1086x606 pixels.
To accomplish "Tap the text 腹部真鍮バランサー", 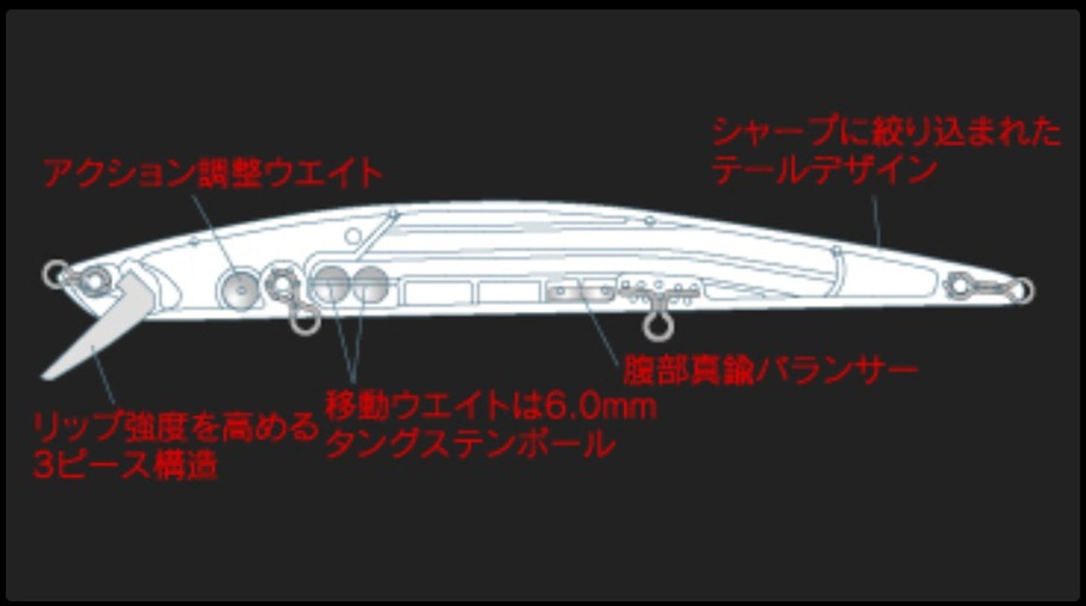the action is pyautogui.click(x=770, y=371).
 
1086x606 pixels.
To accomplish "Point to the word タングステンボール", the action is pyautogui.click(x=470, y=445).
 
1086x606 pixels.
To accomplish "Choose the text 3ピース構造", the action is pyautogui.click(x=125, y=465).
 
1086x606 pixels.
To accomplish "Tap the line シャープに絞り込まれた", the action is pyautogui.click(x=887, y=132).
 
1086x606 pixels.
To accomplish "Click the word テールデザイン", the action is pyautogui.click(x=825, y=170).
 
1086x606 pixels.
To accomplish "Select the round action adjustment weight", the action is pyautogui.click(x=238, y=288).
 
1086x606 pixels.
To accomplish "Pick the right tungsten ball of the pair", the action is pyautogui.click(x=370, y=284).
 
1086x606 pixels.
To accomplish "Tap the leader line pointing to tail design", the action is pyautogui.click(x=876, y=221).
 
